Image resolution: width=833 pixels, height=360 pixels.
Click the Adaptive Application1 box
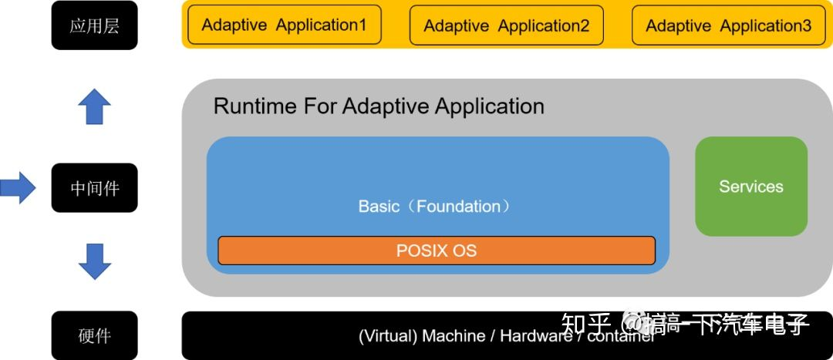(x=284, y=25)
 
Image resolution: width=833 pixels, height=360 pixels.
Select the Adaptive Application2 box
(x=506, y=25)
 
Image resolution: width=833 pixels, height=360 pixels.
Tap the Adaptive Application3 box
(x=728, y=25)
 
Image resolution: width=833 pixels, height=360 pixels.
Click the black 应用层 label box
(x=94, y=26)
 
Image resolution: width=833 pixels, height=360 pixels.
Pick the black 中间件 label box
(x=94, y=187)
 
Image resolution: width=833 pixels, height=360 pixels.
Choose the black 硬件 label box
(x=94, y=335)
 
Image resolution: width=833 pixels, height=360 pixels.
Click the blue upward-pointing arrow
(x=94, y=106)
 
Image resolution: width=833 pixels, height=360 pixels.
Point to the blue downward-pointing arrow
(x=94, y=261)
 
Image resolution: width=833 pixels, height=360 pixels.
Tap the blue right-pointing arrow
(x=17, y=187)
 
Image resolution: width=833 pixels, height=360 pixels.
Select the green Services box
(x=750, y=187)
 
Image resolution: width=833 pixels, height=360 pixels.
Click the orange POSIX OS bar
(x=437, y=251)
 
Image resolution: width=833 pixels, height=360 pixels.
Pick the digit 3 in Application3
(x=806, y=25)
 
